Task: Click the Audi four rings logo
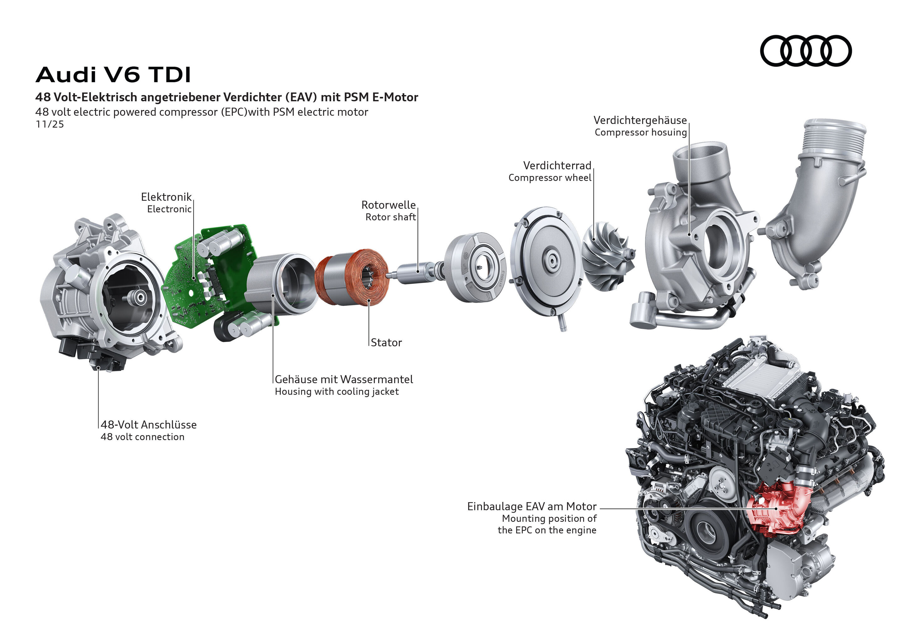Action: [x=805, y=51]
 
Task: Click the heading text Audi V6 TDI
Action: [x=113, y=75]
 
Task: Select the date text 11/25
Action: [x=50, y=124]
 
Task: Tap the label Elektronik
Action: [x=166, y=197]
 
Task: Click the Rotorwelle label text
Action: [x=388, y=205]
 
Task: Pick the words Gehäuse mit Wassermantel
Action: [x=343, y=379]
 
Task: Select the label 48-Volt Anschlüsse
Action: [x=148, y=424]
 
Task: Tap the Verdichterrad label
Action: [x=557, y=165]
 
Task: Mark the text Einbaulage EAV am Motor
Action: [x=531, y=506]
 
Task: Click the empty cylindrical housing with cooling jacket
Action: [x=281, y=283]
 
